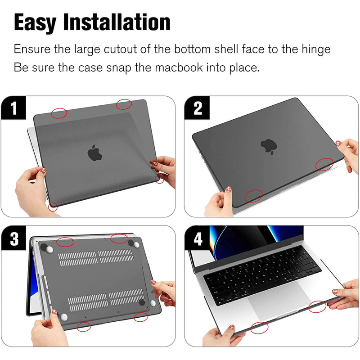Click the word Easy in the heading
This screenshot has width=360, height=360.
[x=35, y=22]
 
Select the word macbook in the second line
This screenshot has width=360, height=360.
[x=179, y=67]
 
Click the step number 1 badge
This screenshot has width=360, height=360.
[x=13, y=108]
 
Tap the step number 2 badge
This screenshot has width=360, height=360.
[x=198, y=108]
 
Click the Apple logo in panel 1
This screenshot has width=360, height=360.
[x=94, y=153]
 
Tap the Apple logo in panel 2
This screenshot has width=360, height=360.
[x=269, y=147]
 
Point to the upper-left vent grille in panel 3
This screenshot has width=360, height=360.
[x=77, y=258]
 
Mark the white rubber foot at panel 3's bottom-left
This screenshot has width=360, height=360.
[x=64, y=317]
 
